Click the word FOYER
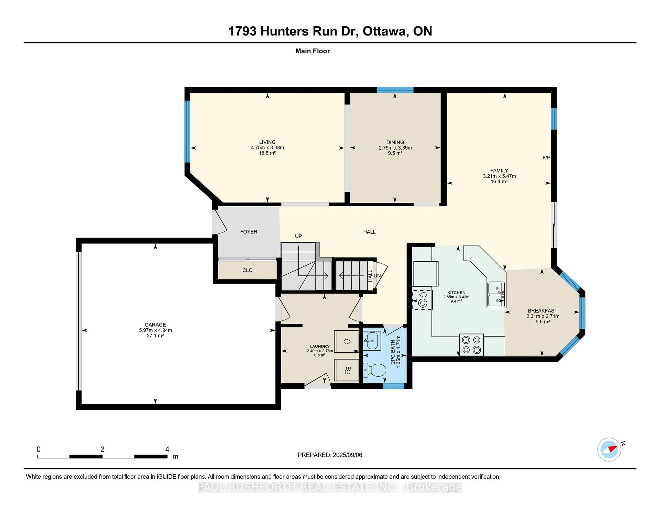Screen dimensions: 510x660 click(x=248, y=232)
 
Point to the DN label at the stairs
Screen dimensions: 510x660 click(x=377, y=276)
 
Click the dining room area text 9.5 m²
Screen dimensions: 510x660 click(x=395, y=153)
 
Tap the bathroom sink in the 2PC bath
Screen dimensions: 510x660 click(x=372, y=341)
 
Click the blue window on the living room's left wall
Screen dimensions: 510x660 click(x=187, y=131)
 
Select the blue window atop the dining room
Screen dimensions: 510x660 click(x=395, y=90)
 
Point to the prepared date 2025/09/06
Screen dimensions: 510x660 click(x=347, y=455)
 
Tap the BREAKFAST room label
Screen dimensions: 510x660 click(x=542, y=311)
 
